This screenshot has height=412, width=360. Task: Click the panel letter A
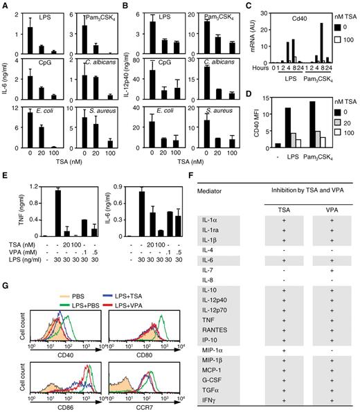pyautogui.click(x=6, y=6)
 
